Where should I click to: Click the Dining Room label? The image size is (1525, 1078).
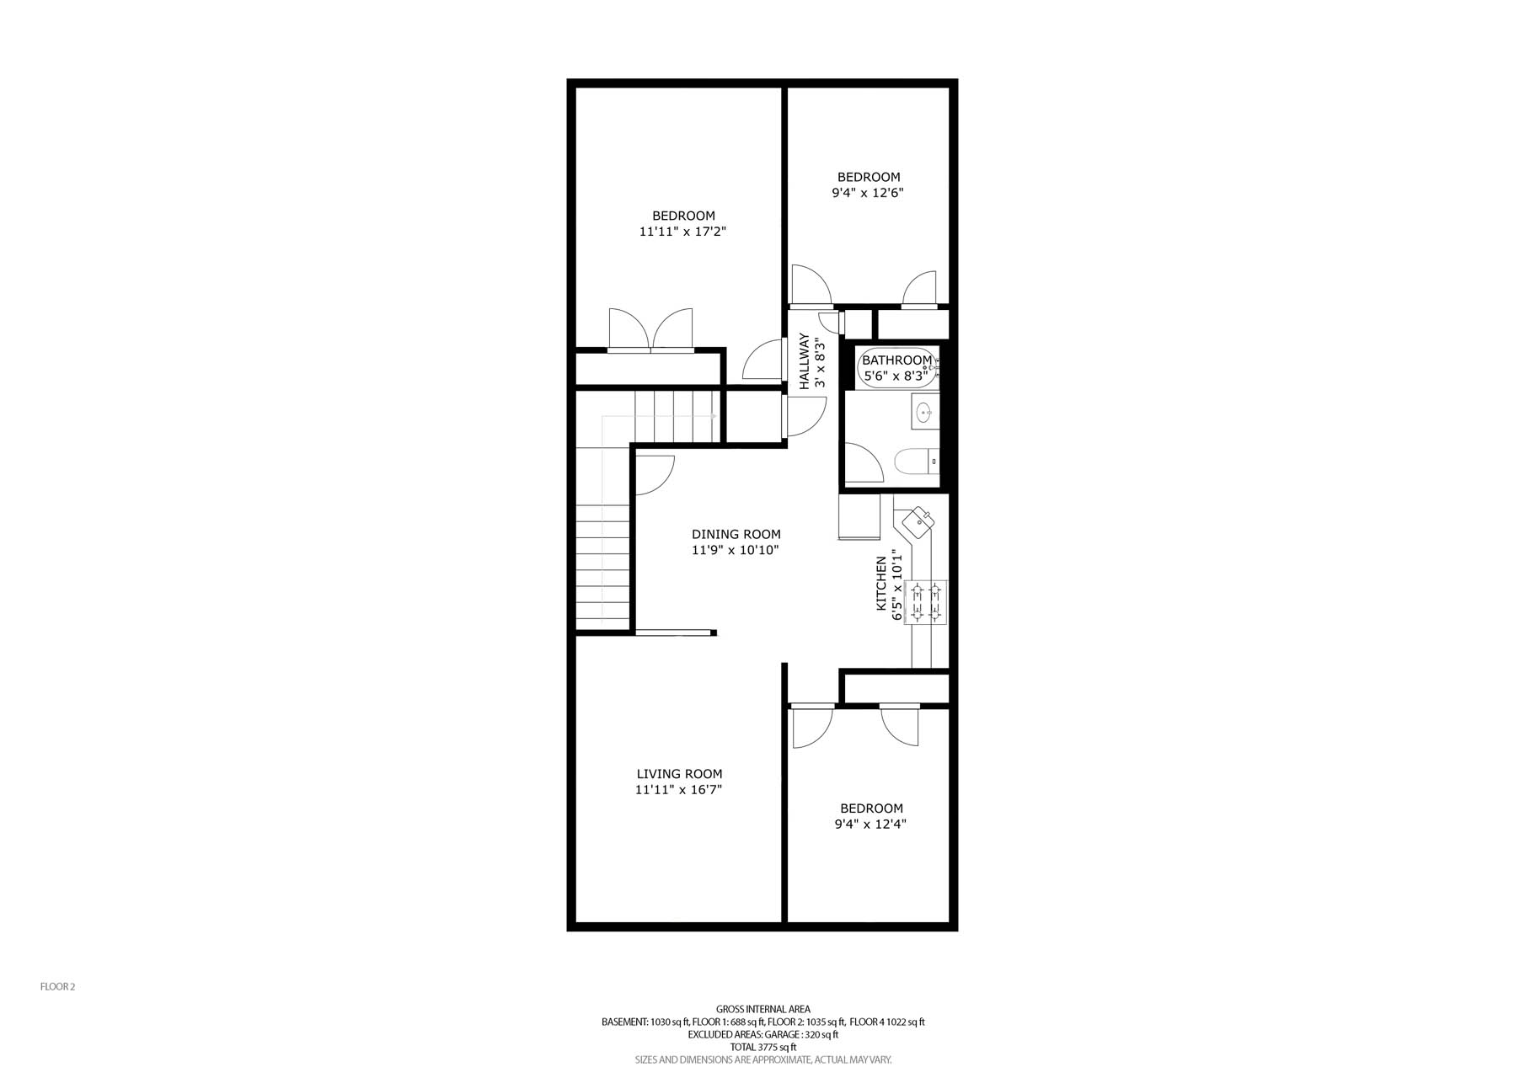(x=736, y=534)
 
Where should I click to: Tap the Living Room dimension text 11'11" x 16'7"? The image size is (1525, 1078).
(x=678, y=790)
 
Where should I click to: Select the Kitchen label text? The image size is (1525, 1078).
(x=881, y=583)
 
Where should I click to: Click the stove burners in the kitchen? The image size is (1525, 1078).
(x=926, y=602)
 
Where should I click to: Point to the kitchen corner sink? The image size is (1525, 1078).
(x=918, y=523)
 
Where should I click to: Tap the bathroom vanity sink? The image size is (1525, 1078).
(x=924, y=413)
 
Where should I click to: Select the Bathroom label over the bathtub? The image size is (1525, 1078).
(x=896, y=360)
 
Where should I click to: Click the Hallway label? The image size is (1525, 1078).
(x=804, y=361)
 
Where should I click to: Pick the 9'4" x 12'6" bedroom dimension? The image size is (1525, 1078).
(x=868, y=193)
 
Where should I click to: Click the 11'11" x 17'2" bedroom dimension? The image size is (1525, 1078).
(x=682, y=231)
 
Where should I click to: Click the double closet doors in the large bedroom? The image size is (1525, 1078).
(x=650, y=329)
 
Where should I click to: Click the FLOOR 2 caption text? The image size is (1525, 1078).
(x=58, y=987)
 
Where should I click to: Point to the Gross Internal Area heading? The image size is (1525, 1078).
(x=762, y=1009)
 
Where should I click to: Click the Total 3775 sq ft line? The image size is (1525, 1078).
(x=762, y=1047)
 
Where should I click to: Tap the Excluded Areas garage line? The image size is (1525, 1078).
(x=762, y=1034)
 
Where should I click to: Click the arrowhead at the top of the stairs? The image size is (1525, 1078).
(x=714, y=415)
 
